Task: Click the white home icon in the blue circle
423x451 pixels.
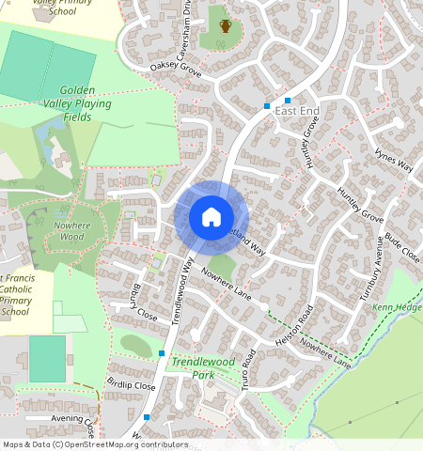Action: tap(211, 218)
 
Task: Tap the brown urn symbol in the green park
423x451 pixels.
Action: tap(226, 25)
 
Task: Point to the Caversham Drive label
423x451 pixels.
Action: tap(187, 19)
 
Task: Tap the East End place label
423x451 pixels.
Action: tap(298, 111)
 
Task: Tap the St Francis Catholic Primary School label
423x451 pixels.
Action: tap(17, 295)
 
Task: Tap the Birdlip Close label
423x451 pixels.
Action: tap(130, 385)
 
